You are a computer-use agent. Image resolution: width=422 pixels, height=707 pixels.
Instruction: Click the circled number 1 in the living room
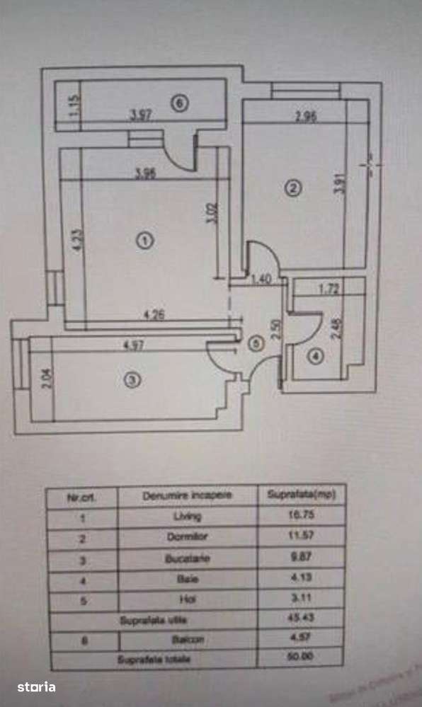[144, 241]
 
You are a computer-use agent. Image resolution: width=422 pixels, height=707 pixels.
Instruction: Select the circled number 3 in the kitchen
[132, 380]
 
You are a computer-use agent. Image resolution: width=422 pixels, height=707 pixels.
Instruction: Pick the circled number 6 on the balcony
[180, 104]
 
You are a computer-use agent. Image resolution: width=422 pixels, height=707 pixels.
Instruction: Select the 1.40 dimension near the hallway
[261, 280]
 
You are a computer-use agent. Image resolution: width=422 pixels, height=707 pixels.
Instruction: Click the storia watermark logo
[37, 686]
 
